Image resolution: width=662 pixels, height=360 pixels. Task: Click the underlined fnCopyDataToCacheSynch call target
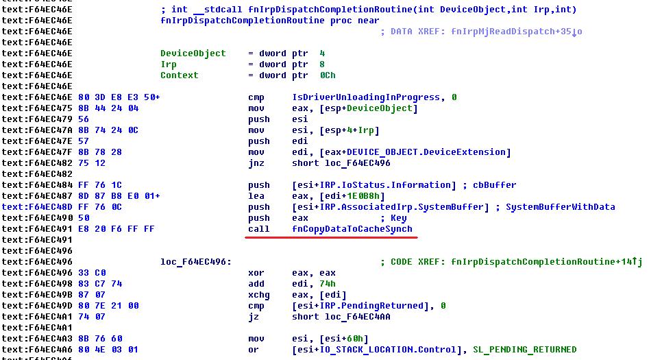[x=352, y=229]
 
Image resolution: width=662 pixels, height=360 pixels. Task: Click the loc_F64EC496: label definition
[x=195, y=262]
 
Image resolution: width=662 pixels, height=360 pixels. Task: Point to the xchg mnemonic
[x=259, y=295]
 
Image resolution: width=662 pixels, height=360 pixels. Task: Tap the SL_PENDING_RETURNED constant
[x=524, y=350]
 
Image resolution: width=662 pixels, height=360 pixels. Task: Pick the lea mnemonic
[x=256, y=196]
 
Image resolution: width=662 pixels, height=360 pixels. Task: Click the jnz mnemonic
[x=256, y=163]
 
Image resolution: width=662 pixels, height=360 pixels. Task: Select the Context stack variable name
[x=179, y=75]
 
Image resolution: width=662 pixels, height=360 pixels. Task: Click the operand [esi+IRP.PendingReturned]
[x=364, y=306]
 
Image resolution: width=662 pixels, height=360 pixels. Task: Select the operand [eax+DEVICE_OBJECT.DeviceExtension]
[x=401, y=152]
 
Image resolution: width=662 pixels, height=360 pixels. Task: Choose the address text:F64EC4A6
[x=47, y=350]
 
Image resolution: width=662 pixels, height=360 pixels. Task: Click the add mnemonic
[x=256, y=284]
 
